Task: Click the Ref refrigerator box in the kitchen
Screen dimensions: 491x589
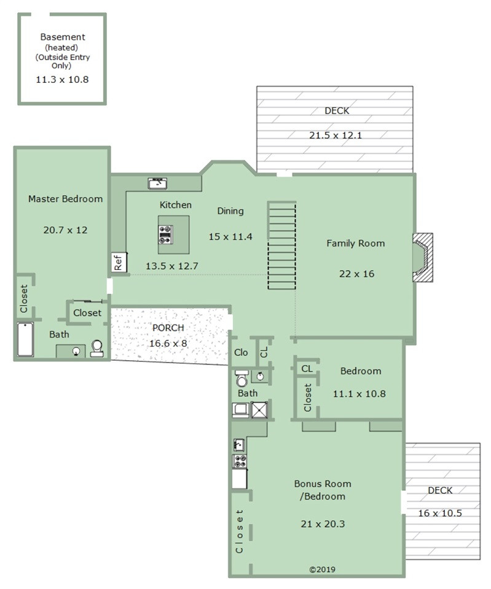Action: (x=119, y=262)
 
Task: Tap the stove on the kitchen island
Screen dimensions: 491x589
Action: (x=165, y=235)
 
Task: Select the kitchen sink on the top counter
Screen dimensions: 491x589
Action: (x=157, y=183)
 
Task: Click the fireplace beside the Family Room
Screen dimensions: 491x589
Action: (x=423, y=257)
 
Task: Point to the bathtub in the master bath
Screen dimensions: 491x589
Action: (x=26, y=339)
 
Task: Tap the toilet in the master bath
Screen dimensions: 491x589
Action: (x=96, y=348)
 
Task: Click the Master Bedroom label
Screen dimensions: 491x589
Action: (x=66, y=199)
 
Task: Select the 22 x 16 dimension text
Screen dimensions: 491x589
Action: (x=356, y=274)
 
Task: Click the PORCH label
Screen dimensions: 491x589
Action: (x=168, y=328)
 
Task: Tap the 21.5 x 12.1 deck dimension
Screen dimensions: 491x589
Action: (x=336, y=135)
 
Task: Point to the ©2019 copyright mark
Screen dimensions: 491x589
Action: (x=323, y=569)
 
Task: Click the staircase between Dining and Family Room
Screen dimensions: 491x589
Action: (x=281, y=245)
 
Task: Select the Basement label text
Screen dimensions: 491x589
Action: (x=63, y=37)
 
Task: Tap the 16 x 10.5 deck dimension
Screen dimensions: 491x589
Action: (x=440, y=513)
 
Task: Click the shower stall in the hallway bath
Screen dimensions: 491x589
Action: (x=259, y=409)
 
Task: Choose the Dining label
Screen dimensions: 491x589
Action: (x=230, y=211)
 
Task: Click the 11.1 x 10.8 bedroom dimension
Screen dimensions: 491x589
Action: (x=359, y=394)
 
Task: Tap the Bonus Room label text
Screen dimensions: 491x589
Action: (x=323, y=484)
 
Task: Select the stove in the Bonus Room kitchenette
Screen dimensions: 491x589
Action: (x=240, y=461)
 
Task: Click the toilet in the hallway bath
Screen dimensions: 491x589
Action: (x=241, y=379)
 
